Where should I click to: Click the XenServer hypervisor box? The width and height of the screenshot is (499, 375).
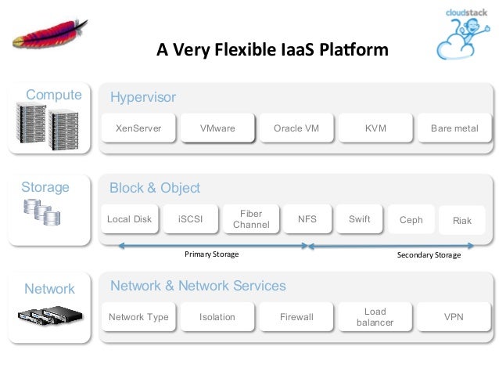(138, 128)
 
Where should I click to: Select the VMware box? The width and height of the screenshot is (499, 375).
(217, 128)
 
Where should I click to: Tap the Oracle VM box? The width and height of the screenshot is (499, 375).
(296, 128)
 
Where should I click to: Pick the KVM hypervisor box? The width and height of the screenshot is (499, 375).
(375, 128)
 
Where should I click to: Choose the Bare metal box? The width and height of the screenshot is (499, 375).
(454, 128)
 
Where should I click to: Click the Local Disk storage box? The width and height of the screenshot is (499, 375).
(130, 219)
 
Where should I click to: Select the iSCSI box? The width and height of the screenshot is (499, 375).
(190, 219)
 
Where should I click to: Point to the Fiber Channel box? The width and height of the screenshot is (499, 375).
(251, 219)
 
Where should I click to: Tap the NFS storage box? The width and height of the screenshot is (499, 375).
(307, 219)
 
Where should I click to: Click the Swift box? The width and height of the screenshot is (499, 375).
(359, 219)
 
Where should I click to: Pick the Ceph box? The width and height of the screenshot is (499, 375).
(411, 220)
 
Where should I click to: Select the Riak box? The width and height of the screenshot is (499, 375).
(462, 221)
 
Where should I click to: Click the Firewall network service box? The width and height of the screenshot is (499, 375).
(296, 317)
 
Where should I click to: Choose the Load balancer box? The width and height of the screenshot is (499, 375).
(375, 317)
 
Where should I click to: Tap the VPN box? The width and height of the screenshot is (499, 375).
(454, 317)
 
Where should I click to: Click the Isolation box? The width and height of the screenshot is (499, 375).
(217, 317)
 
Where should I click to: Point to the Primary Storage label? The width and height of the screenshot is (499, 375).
(212, 254)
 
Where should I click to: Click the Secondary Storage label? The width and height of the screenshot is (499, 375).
(429, 255)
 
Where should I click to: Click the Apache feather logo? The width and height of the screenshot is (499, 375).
(50, 34)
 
